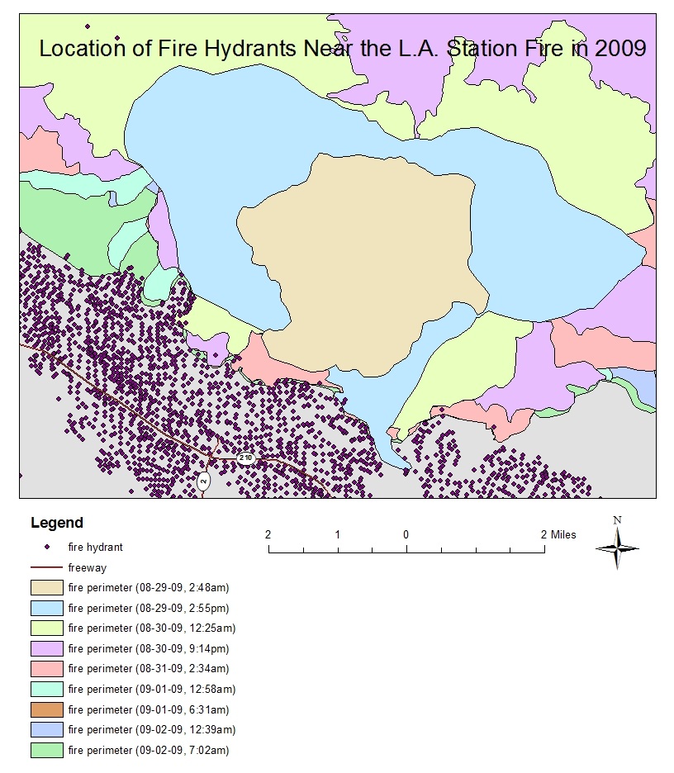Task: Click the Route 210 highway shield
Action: pyautogui.click(x=245, y=458)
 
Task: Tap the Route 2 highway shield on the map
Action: pyautogui.click(x=204, y=481)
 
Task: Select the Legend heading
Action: pyautogui.click(x=56, y=523)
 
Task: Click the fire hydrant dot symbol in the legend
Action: pyautogui.click(x=48, y=547)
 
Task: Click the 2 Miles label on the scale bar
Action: pyautogui.click(x=558, y=534)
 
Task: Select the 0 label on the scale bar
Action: pyautogui.click(x=406, y=534)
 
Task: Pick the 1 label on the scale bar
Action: pyautogui.click(x=337, y=534)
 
